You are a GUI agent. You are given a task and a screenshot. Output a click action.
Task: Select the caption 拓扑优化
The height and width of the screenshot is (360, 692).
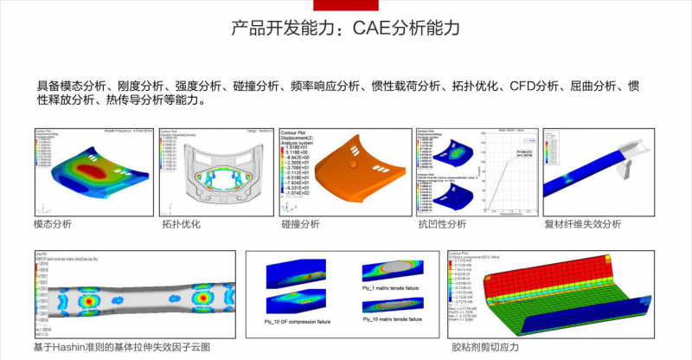coord(181,224)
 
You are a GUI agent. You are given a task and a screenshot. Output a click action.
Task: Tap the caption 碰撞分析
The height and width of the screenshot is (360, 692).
coord(300,224)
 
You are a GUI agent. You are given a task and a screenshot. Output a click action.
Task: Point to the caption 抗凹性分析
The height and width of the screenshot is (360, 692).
coord(442,224)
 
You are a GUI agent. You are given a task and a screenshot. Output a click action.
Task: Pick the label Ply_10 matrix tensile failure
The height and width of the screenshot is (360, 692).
coord(388,318)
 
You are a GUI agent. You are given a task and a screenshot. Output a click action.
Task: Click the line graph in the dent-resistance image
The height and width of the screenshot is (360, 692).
coord(506,177)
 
